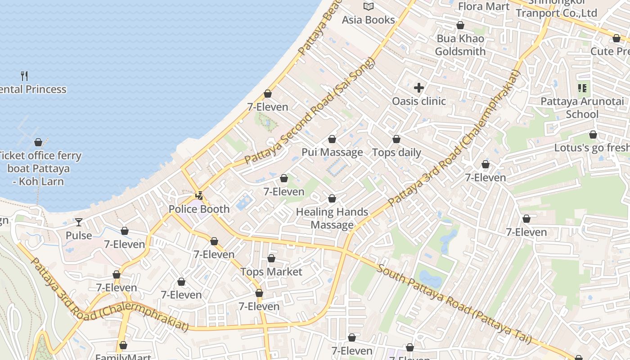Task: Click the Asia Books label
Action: coord(368,20)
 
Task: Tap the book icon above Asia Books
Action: coord(369,6)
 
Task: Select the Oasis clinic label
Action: coord(419,101)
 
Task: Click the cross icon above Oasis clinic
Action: coord(419,88)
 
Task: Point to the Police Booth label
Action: coord(199,209)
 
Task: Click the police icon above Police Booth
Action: coord(199,196)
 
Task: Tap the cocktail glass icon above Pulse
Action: coord(79,222)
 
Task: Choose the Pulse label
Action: coord(79,235)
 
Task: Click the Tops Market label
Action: coord(271,272)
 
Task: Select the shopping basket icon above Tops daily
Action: coord(396,139)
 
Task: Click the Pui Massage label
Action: coord(332,152)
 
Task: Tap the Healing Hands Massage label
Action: coord(333,218)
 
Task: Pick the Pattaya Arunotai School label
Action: coord(582,108)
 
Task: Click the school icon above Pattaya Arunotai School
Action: coord(582,88)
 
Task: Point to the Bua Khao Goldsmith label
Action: coord(460,45)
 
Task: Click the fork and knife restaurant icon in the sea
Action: coord(25,76)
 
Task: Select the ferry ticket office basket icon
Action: coord(38,142)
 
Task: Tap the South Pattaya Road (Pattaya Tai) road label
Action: coord(454,304)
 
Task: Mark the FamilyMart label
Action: coord(123,357)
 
